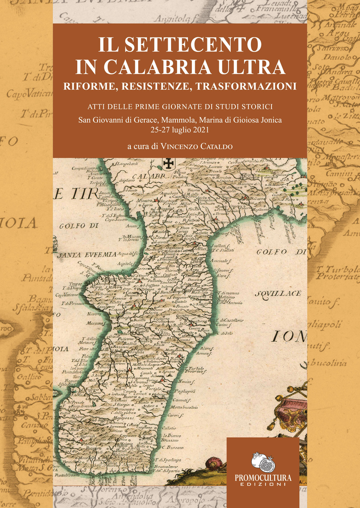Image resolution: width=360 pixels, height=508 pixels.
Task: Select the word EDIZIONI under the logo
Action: coord(263,484)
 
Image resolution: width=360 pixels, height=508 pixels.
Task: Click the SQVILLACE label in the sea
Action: coord(278,294)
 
